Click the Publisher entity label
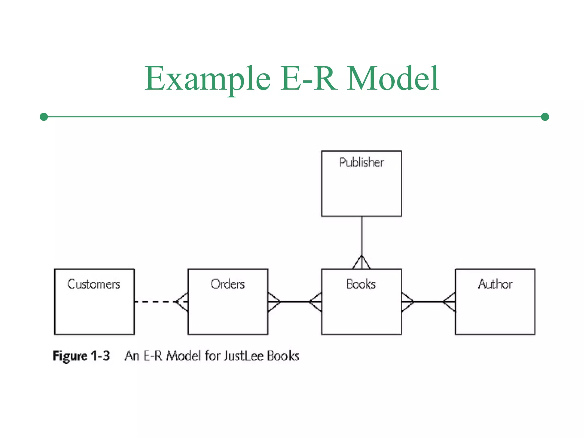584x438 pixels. pyautogui.click(x=361, y=163)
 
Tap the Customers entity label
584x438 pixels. pyautogui.click(x=94, y=284)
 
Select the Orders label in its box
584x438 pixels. pyautogui.click(x=228, y=284)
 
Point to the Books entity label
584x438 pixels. pyautogui.click(x=361, y=284)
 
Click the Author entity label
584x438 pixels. pyautogui.click(x=495, y=284)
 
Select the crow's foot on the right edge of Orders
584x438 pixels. pyautogui.click(x=274, y=302)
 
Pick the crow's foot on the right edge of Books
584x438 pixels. pyautogui.click(x=407, y=302)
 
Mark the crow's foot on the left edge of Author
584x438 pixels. pyautogui.click(x=449, y=302)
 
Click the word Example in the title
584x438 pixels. pyautogui.click(x=207, y=78)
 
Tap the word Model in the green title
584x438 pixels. pyautogui.click(x=393, y=78)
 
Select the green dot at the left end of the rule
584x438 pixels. pyautogui.click(x=44, y=117)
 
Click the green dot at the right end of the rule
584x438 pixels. pyautogui.click(x=545, y=117)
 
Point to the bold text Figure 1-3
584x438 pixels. pyautogui.click(x=81, y=356)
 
